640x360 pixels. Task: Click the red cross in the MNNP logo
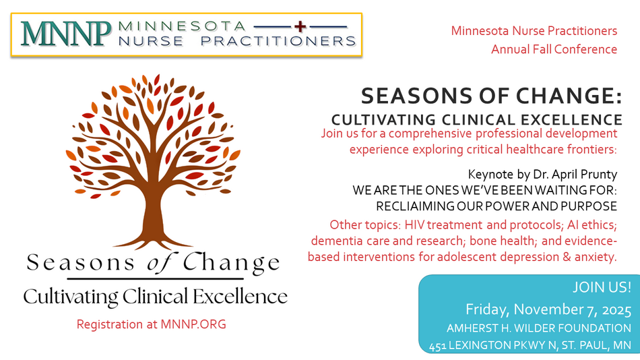click(x=300, y=26)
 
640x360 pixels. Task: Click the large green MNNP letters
click(x=66, y=34)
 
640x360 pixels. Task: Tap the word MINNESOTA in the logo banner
click(x=182, y=26)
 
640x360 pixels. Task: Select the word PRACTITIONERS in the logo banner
click(x=278, y=41)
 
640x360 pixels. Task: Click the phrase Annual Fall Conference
click(x=554, y=49)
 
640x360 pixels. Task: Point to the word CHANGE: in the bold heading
click(x=569, y=96)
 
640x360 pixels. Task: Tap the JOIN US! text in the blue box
click(x=602, y=287)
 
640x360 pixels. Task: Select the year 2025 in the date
click(x=616, y=309)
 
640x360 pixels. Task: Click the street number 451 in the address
click(x=437, y=346)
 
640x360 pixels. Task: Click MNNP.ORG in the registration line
click(x=193, y=324)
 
